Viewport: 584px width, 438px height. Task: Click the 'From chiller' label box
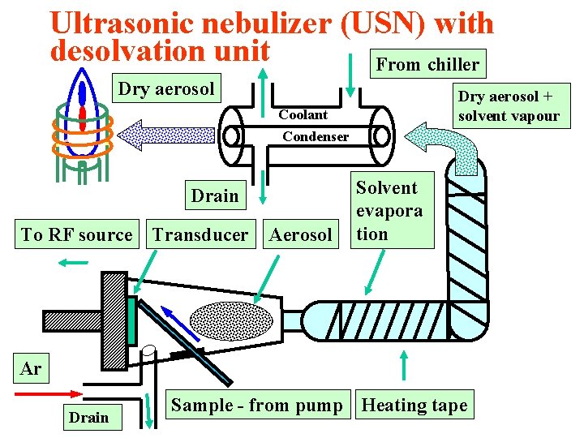pos(428,64)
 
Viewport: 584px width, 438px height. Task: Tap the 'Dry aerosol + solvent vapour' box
pos(509,106)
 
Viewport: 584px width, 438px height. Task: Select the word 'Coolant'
pos(303,115)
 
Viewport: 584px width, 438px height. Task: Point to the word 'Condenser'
pos(316,137)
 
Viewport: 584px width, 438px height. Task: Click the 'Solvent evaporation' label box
pos(388,210)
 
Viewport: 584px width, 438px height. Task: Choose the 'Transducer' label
pos(200,235)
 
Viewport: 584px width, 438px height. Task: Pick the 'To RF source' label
pos(76,235)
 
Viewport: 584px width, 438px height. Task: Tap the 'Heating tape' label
pos(414,405)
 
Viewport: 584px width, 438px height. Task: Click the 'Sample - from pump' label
pos(257,405)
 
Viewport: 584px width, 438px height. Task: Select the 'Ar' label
pos(31,369)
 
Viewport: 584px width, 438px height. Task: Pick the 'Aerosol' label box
pos(300,235)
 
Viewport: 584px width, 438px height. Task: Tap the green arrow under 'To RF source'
pos(74,262)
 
